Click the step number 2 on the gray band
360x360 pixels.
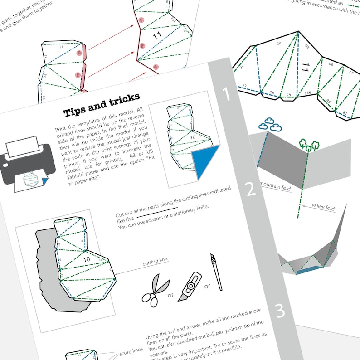pos(251,190)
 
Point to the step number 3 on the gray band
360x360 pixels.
pos(280,311)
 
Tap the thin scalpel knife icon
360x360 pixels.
pos(216,272)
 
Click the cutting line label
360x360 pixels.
pos(155,260)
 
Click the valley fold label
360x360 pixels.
pos(323,208)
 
